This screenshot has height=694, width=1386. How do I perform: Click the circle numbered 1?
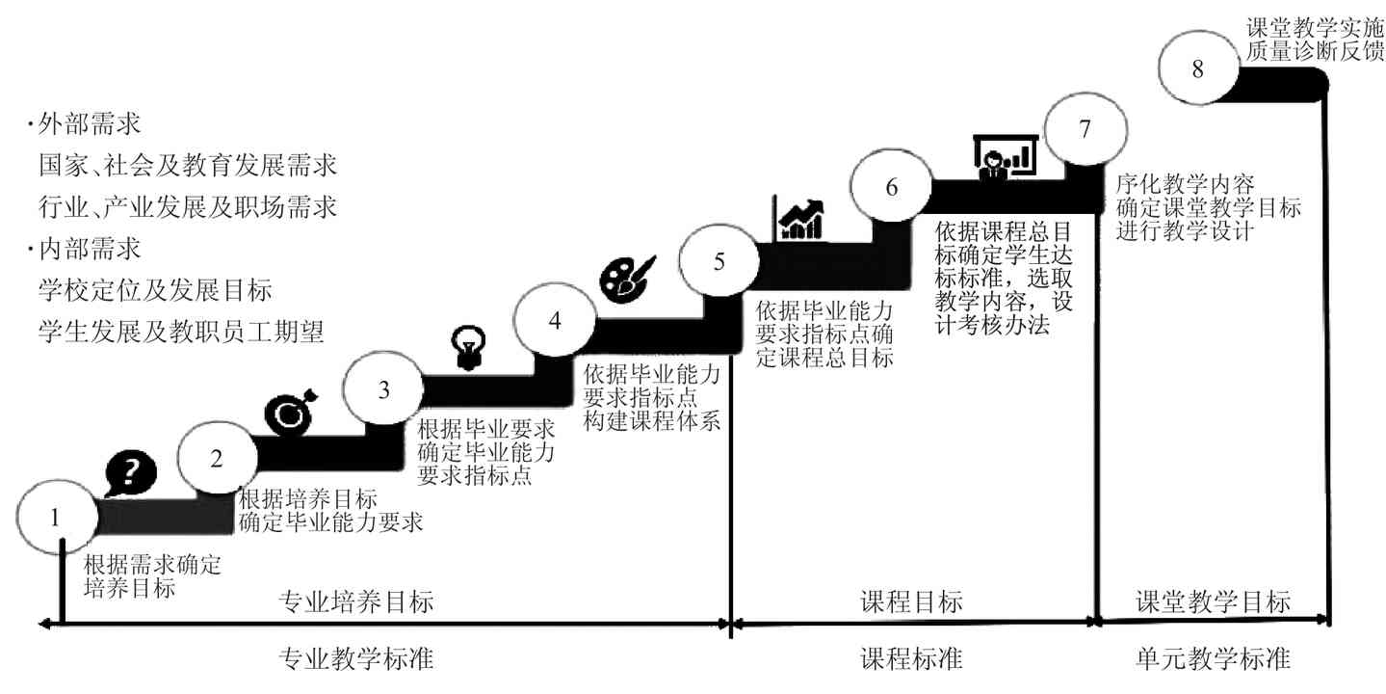click(x=56, y=517)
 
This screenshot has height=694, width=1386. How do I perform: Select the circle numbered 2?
click(x=217, y=459)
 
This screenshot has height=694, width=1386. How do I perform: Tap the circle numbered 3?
click(x=383, y=390)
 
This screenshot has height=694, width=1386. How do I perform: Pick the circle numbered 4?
click(x=554, y=322)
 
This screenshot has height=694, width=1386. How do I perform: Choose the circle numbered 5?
click(x=719, y=261)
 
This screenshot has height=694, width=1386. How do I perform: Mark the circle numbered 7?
click(x=1085, y=129)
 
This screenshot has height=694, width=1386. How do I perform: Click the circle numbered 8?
click(x=1197, y=69)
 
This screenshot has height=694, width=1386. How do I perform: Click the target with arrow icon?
click(x=289, y=411)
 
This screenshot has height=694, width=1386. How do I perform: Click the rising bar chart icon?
click(x=800, y=219)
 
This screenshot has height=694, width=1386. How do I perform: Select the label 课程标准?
click(x=910, y=660)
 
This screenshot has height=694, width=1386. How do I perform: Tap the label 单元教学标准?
click(x=1213, y=660)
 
